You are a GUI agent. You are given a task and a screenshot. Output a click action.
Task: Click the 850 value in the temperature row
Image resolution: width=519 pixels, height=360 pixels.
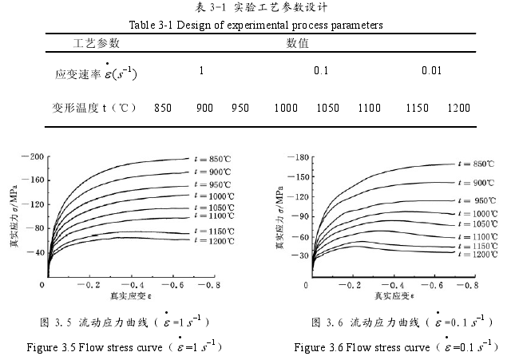[x=163, y=107]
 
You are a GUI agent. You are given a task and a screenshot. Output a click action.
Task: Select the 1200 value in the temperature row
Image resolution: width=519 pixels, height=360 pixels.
[x=458, y=107]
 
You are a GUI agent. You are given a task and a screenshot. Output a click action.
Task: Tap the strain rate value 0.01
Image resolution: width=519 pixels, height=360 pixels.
[x=431, y=70]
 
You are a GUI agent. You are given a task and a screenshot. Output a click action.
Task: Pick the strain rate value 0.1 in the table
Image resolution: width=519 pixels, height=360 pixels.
[x=321, y=70]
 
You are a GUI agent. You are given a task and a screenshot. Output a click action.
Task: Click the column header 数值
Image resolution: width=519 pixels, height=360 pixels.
[x=297, y=42]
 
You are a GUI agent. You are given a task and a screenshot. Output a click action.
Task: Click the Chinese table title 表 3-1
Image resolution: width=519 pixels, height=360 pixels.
[x=259, y=8]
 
